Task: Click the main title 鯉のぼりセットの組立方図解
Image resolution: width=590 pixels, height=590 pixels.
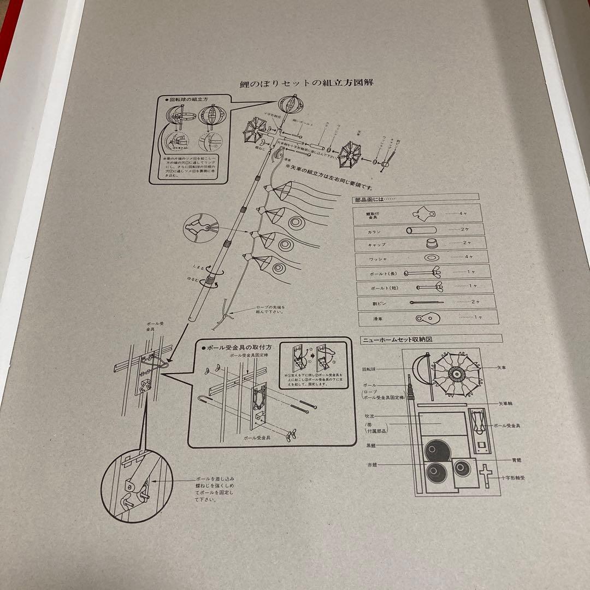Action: tap(310, 83)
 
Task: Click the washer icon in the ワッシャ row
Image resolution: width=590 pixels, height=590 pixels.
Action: tap(430, 257)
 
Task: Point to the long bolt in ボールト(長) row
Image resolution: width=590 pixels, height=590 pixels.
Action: tap(428, 272)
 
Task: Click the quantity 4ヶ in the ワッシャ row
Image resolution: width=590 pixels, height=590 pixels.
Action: tap(464, 257)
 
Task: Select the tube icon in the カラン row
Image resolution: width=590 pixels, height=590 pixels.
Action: tap(421, 229)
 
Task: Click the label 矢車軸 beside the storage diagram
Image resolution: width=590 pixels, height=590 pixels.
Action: tap(506, 404)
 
